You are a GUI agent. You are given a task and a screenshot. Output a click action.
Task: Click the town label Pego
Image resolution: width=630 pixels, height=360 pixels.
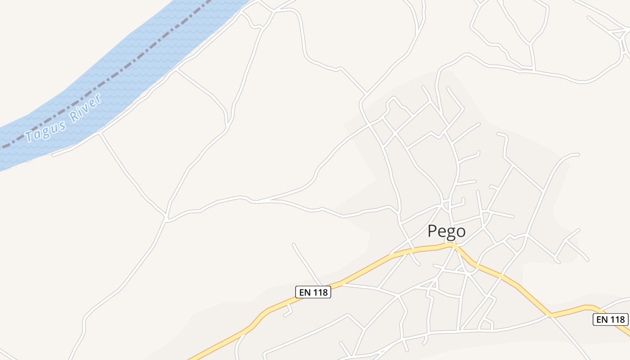tap(446, 231)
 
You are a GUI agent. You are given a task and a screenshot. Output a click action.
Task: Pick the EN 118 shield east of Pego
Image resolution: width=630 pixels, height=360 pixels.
tap(611, 319)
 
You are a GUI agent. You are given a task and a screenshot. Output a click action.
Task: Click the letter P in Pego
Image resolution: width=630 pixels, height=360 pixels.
tap(432, 231)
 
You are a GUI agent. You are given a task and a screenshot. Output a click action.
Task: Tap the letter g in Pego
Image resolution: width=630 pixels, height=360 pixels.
tap(450, 233)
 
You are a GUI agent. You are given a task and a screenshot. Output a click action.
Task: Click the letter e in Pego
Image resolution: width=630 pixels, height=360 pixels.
tap(441, 232)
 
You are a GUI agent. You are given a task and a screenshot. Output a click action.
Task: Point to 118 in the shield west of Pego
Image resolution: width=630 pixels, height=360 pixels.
tap(320, 292)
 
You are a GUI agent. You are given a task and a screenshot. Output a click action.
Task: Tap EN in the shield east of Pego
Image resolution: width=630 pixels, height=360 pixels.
tap(602, 319)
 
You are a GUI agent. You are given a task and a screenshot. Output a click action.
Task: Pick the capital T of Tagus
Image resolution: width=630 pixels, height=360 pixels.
tap(30, 135)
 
